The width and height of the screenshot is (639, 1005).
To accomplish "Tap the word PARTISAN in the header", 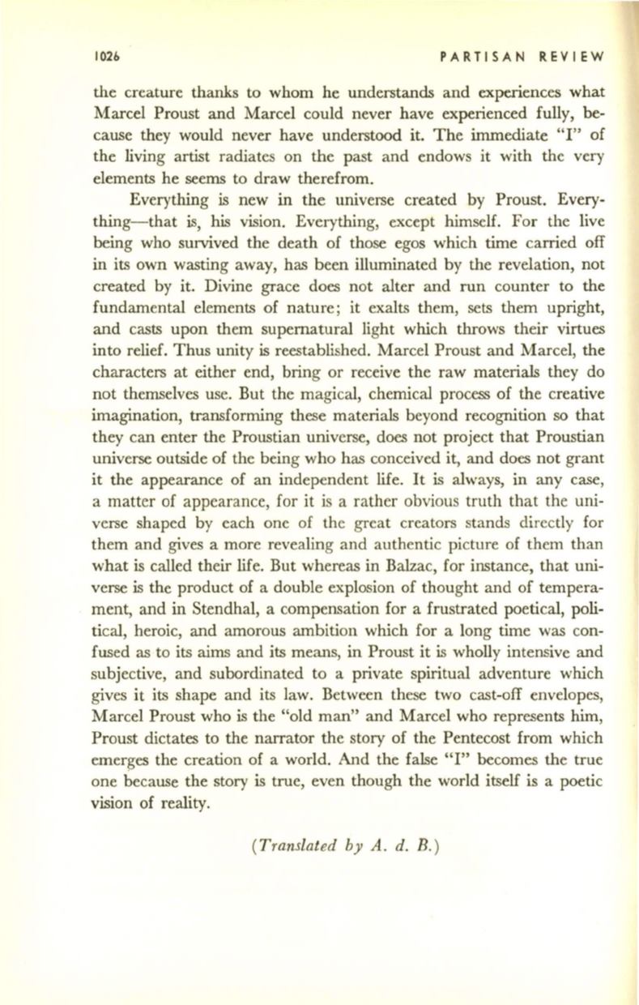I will [471, 59].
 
